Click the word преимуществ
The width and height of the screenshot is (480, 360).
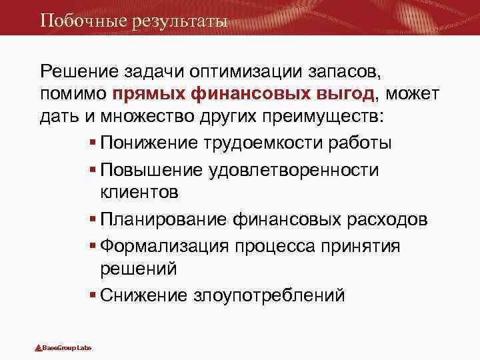tap(318, 118)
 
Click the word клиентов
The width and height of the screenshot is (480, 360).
tap(139, 193)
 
